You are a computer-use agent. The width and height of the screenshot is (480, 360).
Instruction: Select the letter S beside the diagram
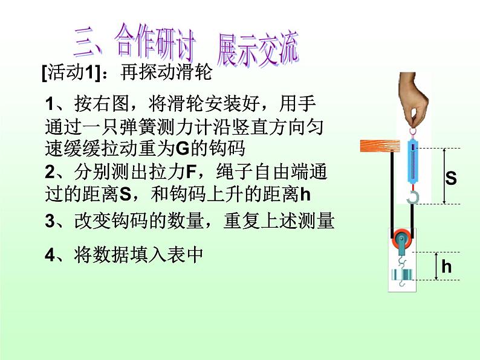451,178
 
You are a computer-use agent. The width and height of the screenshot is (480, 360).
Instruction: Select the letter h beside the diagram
447,266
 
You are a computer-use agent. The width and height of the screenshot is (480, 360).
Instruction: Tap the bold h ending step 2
305,194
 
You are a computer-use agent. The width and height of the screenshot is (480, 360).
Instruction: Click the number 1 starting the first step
50,104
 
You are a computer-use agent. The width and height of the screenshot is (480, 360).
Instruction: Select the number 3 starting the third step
50,222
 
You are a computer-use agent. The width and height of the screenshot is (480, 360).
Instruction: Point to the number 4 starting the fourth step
50,256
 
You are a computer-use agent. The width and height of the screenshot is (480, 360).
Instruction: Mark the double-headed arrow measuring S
444,176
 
